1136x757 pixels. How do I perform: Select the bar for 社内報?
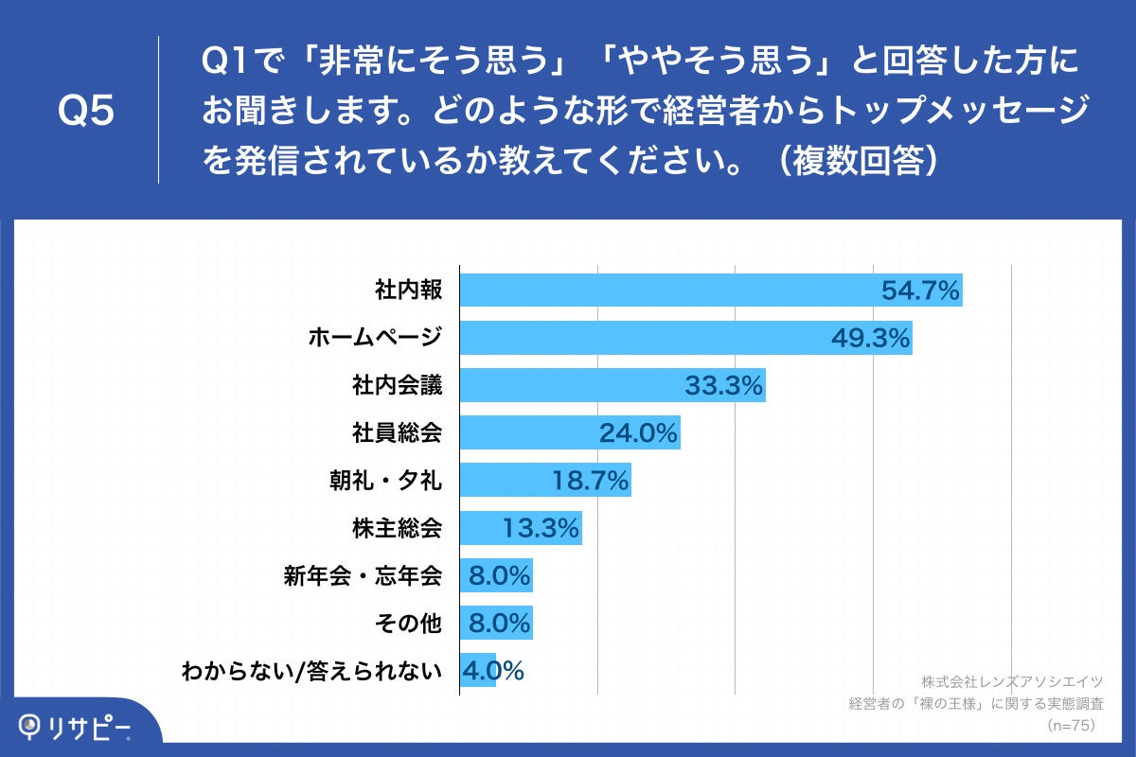click(x=663, y=290)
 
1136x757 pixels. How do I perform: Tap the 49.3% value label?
click(x=870, y=338)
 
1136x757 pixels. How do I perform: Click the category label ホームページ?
click(x=375, y=338)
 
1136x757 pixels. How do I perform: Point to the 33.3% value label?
click(x=723, y=385)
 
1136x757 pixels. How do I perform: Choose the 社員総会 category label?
click(x=397, y=433)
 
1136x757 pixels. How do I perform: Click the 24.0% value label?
click(x=638, y=433)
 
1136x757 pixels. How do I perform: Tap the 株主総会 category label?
click(x=397, y=528)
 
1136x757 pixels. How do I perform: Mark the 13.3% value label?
click(x=541, y=528)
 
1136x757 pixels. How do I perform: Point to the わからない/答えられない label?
click(x=311, y=672)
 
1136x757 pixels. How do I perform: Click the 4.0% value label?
click(x=492, y=672)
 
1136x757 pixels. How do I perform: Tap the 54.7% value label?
click(x=921, y=290)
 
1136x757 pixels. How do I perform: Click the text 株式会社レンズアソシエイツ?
click(x=1013, y=681)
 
